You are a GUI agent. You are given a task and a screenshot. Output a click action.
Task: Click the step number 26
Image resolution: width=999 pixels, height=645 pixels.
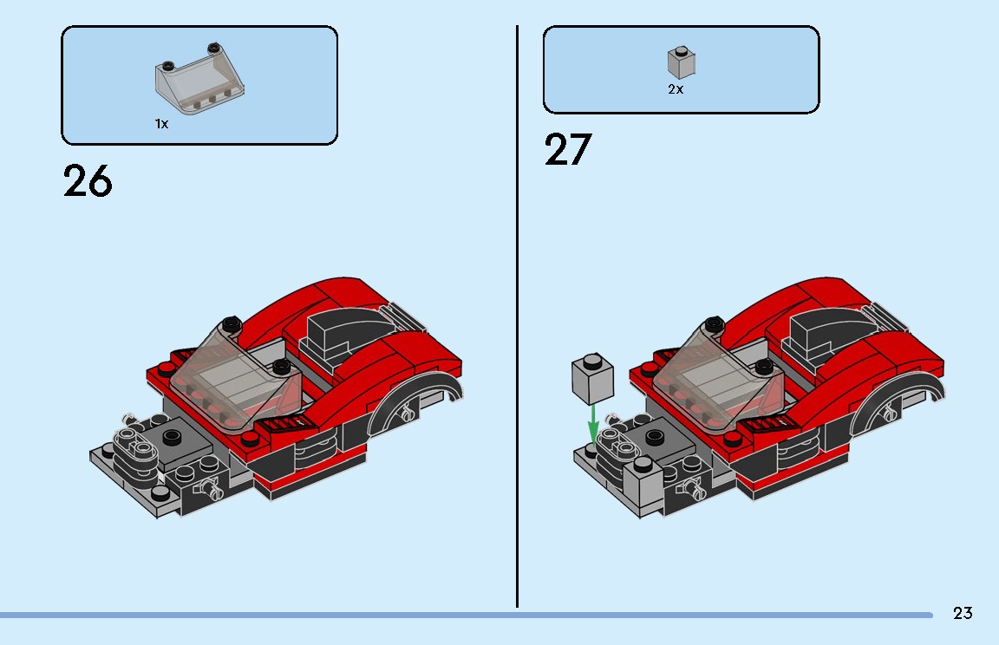click(x=88, y=181)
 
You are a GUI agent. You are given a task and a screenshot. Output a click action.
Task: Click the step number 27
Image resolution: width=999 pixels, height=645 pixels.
click(x=568, y=150)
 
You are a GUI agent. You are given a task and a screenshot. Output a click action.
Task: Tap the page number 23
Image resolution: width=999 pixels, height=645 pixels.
click(x=963, y=614)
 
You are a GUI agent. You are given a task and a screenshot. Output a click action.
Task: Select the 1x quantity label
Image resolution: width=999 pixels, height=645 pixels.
click(x=161, y=124)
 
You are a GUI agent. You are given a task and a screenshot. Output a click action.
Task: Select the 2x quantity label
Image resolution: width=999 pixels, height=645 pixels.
click(x=676, y=89)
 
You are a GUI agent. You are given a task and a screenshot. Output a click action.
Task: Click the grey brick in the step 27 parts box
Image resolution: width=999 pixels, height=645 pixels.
click(x=681, y=62)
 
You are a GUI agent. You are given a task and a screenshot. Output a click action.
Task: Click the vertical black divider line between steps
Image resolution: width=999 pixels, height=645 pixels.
click(x=518, y=312)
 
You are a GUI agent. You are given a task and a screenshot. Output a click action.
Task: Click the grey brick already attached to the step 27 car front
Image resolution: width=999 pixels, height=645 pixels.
click(x=643, y=479)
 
